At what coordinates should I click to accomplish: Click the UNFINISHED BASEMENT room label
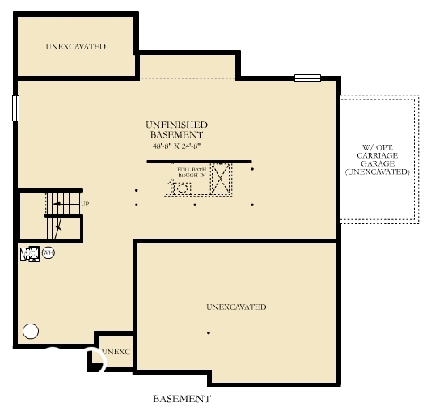(x=176, y=129)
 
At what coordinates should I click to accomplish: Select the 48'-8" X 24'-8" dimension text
(x=176, y=146)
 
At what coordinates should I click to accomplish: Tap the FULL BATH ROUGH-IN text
(x=192, y=171)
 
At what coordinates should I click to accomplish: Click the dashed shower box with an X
(x=221, y=179)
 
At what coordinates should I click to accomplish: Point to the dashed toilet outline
(x=184, y=188)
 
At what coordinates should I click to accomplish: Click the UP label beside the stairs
(x=85, y=204)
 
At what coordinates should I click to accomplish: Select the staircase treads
(x=63, y=204)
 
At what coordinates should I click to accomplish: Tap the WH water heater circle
(x=49, y=252)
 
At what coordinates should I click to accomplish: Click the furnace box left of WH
(x=29, y=253)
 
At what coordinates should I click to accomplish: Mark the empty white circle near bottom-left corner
(x=31, y=330)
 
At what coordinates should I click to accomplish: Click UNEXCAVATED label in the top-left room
(x=75, y=47)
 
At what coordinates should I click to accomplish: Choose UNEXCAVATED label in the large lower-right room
(x=236, y=307)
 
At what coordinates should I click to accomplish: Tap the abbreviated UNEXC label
(x=116, y=352)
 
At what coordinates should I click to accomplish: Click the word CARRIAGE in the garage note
(x=378, y=155)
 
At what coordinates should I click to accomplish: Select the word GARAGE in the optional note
(x=378, y=163)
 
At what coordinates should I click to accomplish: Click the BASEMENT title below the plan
(x=182, y=399)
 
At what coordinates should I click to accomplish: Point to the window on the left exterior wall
(x=15, y=108)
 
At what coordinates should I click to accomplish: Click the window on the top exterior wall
(x=307, y=78)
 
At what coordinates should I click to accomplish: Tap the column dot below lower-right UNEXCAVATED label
(x=209, y=333)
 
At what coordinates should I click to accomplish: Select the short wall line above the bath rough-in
(x=199, y=161)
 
